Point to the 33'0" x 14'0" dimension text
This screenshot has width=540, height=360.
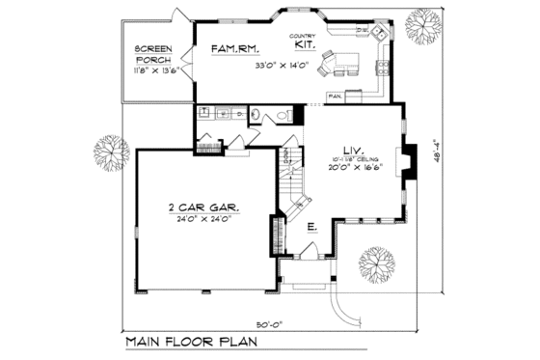pos(280,67)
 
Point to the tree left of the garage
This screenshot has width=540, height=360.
pos(111,152)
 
